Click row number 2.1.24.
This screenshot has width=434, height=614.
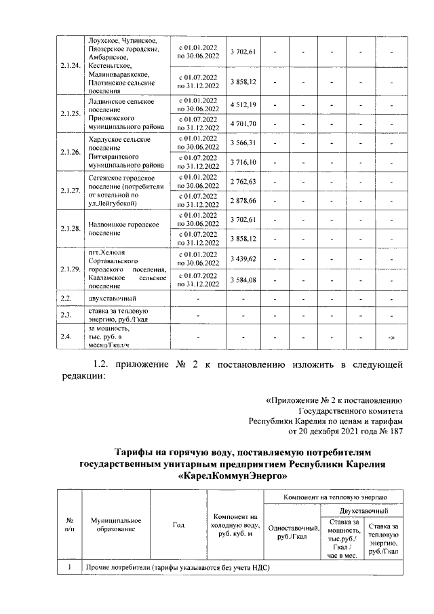tap(68, 65)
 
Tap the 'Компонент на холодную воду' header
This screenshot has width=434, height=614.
tap(234, 524)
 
